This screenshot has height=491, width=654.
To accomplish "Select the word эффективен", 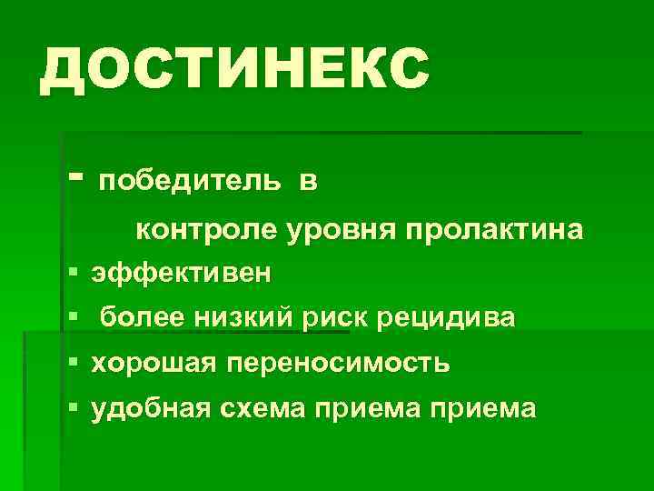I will point(180,273).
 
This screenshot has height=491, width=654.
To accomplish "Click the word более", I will point(141,317).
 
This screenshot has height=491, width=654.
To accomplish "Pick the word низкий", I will point(243,317).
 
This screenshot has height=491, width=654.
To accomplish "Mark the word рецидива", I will point(445,319).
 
